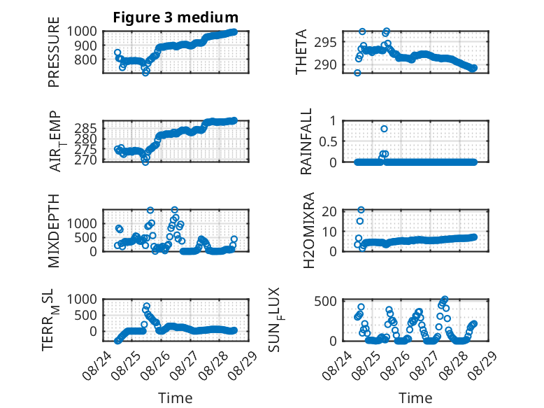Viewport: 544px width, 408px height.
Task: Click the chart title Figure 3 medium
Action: (176, 17)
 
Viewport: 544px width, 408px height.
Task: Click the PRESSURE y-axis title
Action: (54, 52)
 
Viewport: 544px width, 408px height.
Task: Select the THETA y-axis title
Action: (301, 52)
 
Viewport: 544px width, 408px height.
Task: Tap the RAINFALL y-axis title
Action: (306, 141)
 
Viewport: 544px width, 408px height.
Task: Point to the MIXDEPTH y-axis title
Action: (54, 231)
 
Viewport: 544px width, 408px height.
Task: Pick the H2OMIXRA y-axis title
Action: (308, 230)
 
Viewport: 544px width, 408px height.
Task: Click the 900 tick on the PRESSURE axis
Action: (82, 45)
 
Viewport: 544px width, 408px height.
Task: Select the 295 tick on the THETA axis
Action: (325, 43)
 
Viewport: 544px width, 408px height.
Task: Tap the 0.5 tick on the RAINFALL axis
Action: (328, 141)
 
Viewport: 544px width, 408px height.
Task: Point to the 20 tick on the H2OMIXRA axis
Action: (329, 211)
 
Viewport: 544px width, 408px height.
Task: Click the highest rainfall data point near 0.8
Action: (384, 129)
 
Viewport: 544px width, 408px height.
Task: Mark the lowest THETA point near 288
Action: (357, 73)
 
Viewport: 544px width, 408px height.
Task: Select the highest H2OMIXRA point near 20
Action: (362, 210)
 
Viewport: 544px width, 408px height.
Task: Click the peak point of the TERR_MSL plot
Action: (147, 307)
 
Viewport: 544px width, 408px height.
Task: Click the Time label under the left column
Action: (176, 398)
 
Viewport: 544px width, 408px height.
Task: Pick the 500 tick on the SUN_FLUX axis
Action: (325, 301)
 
